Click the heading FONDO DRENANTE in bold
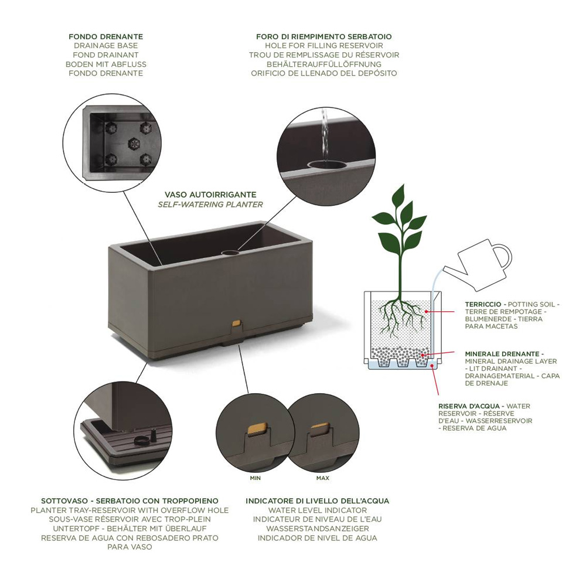[105, 36]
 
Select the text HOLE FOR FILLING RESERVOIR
[324, 46]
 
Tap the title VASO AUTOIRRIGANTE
[210, 195]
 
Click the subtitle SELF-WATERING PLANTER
[210, 205]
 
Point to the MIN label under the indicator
[255, 478]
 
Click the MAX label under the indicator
[323, 478]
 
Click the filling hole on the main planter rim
[230, 253]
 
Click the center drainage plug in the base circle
[134, 142]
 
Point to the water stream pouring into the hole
[325, 135]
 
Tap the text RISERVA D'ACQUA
[469, 406]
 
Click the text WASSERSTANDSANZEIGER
[317, 529]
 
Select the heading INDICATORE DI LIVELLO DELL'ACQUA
[317, 501]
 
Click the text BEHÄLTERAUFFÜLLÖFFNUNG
[324, 64]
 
